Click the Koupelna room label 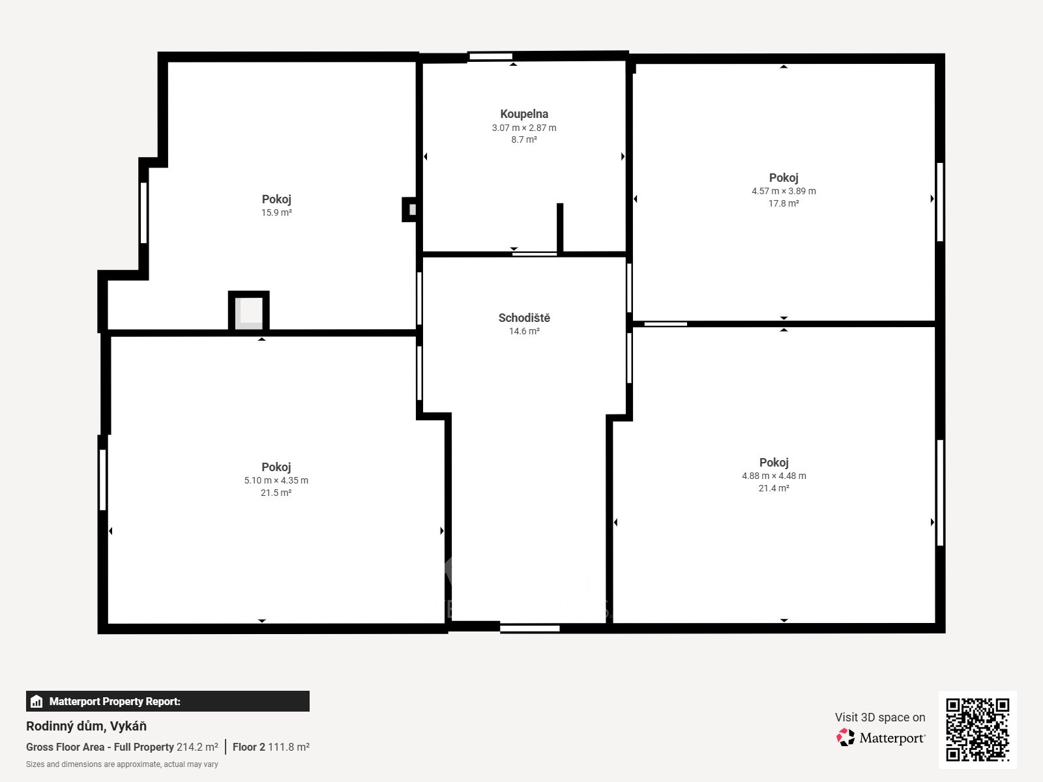(524, 114)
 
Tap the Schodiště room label (524, 317)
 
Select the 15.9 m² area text (276, 212)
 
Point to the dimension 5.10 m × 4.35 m (276, 480)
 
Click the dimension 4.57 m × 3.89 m (784, 192)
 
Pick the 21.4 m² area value (774, 488)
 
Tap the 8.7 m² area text (524, 139)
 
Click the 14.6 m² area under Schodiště (524, 332)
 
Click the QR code (977, 730)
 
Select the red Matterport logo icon (845, 738)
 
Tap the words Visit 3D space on (880, 717)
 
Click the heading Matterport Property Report (115, 701)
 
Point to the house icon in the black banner (37, 701)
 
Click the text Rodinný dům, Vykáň (87, 726)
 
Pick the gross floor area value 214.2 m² (198, 747)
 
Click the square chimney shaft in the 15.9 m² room (248, 311)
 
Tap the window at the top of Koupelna (491, 57)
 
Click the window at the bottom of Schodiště (530, 629)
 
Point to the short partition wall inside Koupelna (560, 228)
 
